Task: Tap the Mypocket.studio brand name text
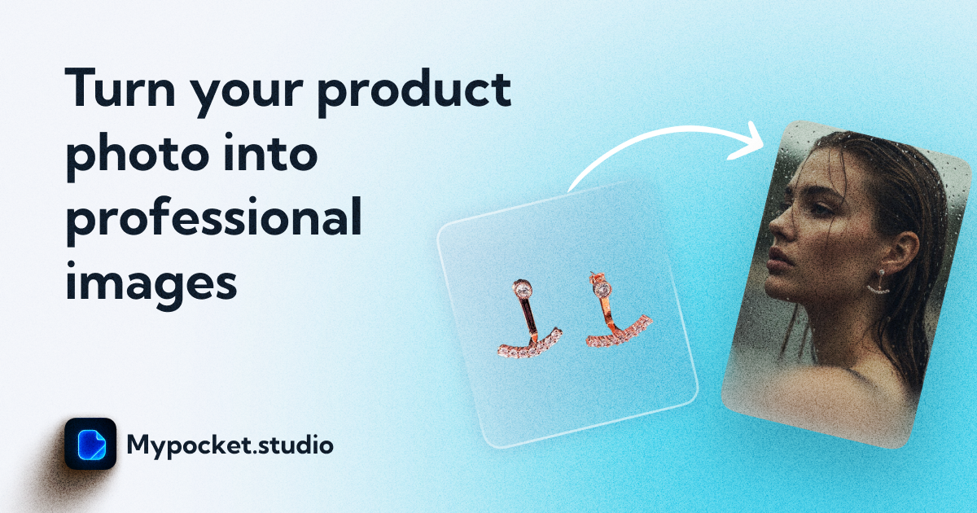(230, 445)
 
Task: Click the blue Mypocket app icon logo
(90, 444)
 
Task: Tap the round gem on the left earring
(523, 288)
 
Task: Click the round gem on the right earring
(602, 288)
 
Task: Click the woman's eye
(802, 208)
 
